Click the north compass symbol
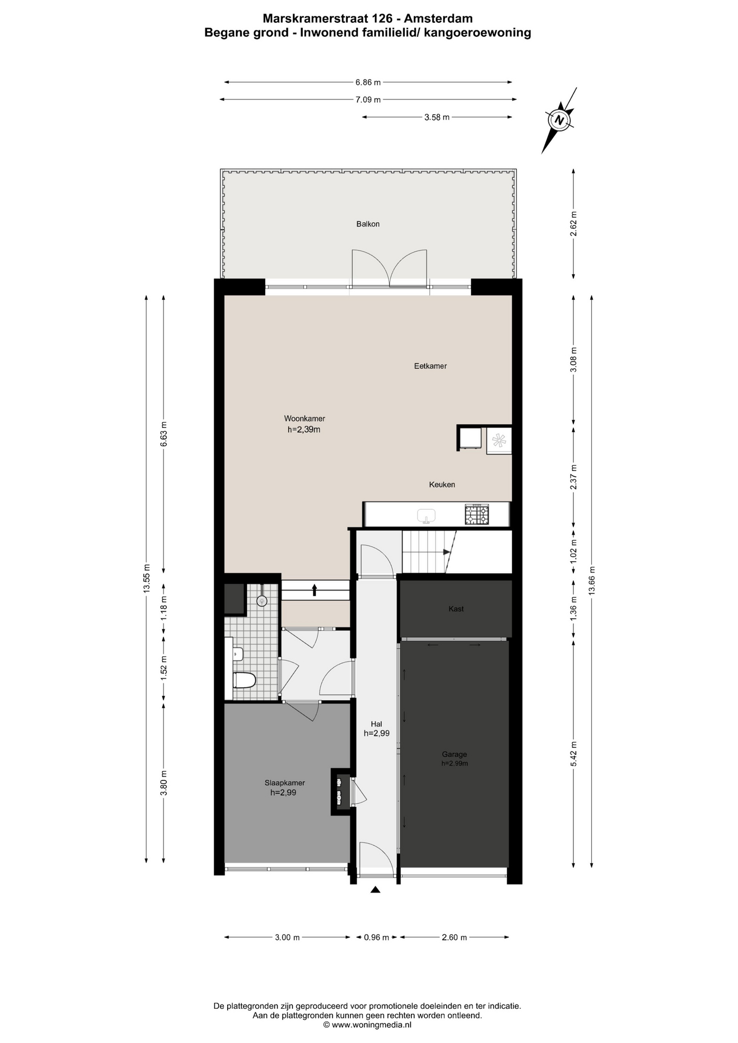pyautogui.click(x=559, y=120)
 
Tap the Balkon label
pyautogui.click(x=368, y=224)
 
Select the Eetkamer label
pyautogui.click(x=430, y=366)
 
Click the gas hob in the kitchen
pyautogui.click(x=477, y=514)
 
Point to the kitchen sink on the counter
pyautogui.click(x=427, y=516)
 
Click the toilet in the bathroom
pyautogui.click(x=244, y=680)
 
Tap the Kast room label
pyautogui.click(x=456, y=609)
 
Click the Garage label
pyautogui.click(x=454, y=754)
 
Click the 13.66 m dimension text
pyautogui.click(x=592, y=580)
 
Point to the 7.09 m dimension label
pyautogui.click(x=368, y=99)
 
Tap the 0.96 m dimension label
pyautogui.click(x=376, y=937)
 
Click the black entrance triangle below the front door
pyautogui.click(x=375, y=889)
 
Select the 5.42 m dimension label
pyautogui.click(x=574, y=754)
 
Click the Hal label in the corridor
pyautogui.click(x=376, y=724)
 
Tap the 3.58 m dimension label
pyautogui.click(x=437, y=117)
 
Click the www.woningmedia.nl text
pyautogui.click(x=372, y=1025)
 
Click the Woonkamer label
pyautogui.click(x=304, y=418)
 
